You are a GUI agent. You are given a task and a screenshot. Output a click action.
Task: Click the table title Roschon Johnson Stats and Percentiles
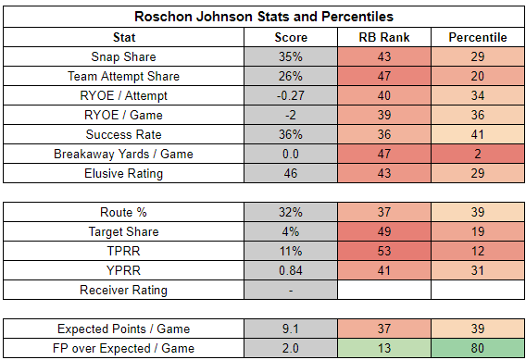264,17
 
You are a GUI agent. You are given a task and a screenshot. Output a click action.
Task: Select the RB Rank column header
384,37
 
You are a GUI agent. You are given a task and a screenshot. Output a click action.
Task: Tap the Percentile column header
478,37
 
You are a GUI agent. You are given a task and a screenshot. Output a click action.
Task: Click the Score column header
291,37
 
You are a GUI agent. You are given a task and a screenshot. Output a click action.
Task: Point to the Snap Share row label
123,56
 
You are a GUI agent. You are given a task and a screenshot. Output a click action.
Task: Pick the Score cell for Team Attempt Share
291,76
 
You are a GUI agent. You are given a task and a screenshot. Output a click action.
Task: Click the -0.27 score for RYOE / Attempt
291,95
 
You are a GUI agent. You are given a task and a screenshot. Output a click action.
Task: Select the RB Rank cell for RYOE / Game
384,115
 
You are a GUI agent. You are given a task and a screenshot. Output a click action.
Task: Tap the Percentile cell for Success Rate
478,134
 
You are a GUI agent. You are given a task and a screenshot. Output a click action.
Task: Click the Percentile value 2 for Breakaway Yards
478,154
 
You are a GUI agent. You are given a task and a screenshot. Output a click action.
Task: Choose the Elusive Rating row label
123,173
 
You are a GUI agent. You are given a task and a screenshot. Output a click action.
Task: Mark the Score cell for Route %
291,212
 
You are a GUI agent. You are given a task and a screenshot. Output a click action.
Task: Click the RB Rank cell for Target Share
384,231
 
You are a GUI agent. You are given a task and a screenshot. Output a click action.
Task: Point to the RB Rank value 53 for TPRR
384,251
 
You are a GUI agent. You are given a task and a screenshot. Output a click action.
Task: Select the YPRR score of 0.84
291,270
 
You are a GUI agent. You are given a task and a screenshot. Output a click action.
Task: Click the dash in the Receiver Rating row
291,291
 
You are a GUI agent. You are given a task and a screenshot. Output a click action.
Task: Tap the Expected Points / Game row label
123,329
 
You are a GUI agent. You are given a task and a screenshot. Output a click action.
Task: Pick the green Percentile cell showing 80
478,348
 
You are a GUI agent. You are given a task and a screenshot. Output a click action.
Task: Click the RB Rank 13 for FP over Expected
384,348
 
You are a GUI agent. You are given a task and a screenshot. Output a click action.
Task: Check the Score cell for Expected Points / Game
291,329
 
